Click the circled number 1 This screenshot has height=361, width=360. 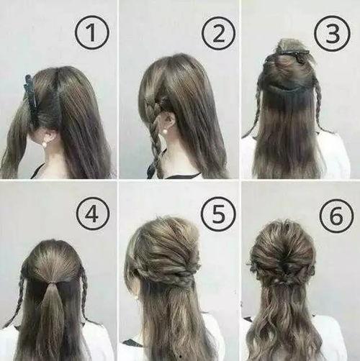click(92, 32)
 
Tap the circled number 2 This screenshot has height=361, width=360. click(218, 33)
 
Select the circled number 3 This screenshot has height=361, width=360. click(333, 32)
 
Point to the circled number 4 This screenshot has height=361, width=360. click(93, 214)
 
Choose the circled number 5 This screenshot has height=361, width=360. click(218, 214)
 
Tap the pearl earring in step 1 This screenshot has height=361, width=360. click(45, 145)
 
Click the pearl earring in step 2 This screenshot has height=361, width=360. click(158, 132)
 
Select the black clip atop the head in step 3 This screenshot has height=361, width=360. click(288, 55)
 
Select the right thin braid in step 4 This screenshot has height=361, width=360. click(85, 295)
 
